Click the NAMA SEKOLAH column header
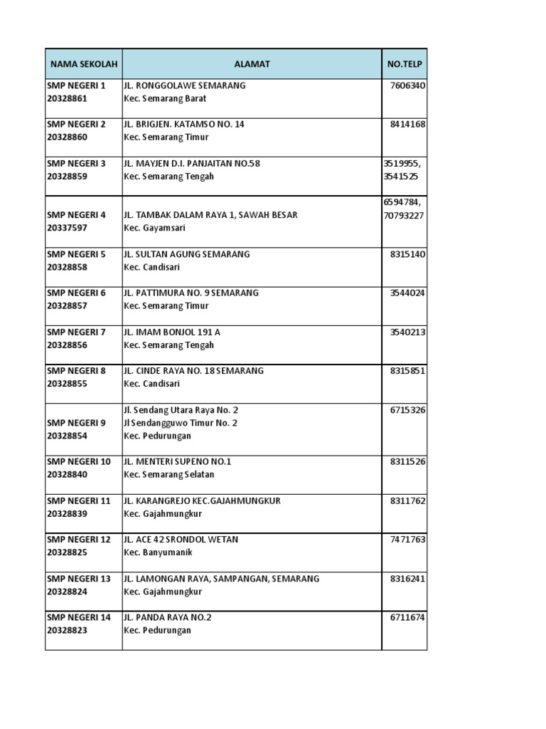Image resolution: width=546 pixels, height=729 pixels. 82,64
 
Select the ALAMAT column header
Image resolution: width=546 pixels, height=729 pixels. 252,64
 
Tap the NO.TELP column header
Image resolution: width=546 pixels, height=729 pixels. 404,64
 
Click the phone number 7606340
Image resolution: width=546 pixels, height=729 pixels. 407,85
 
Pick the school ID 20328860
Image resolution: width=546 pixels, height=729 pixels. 67,137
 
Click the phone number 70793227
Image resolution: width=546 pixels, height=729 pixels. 404,215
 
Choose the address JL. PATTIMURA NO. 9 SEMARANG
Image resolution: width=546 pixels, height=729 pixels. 191,293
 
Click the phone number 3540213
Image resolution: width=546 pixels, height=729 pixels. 407,332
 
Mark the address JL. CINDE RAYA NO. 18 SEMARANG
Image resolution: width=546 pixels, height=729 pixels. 193,370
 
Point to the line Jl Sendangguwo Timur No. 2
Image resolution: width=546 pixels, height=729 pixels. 181,423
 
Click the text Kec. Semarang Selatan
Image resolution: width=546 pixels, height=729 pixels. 168,474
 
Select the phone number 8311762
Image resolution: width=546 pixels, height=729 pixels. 407,500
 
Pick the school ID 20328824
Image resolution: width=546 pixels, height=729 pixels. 67,592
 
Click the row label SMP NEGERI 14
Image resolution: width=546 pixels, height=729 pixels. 79,617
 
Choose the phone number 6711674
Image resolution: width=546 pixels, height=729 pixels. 407,617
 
